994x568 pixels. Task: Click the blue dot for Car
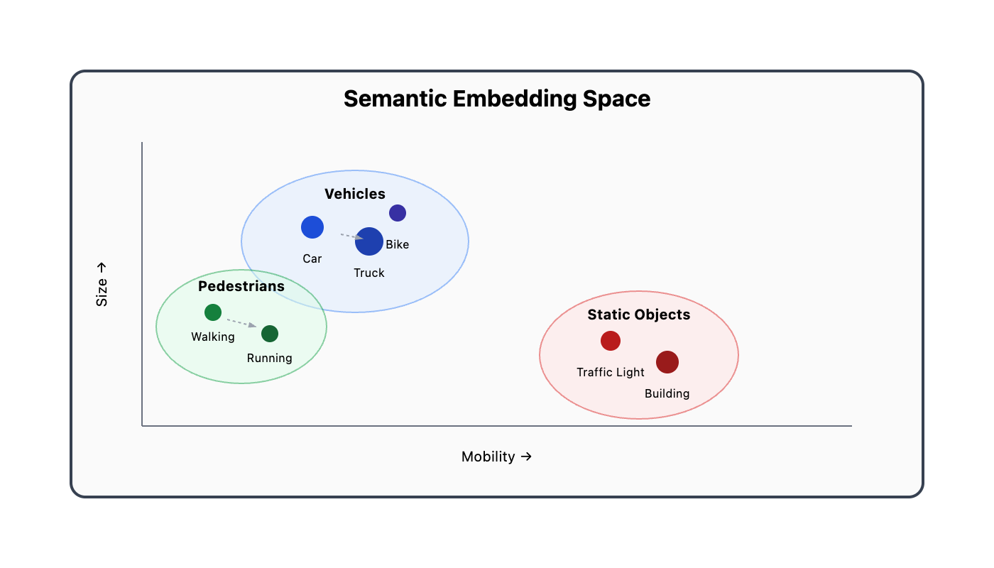(312, 227)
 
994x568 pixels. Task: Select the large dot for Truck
(369, 241)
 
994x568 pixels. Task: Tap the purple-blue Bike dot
(398, 213)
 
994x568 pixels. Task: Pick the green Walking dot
(213, 312)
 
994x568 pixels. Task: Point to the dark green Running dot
(270, 334)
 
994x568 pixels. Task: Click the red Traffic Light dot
(611, 341)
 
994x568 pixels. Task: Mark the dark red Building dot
(667, 362)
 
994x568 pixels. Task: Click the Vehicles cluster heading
(355, 194)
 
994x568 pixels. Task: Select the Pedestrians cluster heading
(241, 286)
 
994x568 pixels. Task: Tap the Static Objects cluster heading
(639, 315)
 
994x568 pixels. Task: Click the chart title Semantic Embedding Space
(497, 99)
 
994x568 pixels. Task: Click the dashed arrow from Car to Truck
(351, 236)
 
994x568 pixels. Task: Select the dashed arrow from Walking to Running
(241, 322)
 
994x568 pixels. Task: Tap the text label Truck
(369, 273)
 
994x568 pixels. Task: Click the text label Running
(270, 358)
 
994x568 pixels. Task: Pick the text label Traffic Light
(611, 372)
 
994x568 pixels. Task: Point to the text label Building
(667, 393)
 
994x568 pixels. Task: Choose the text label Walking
(213, 337)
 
